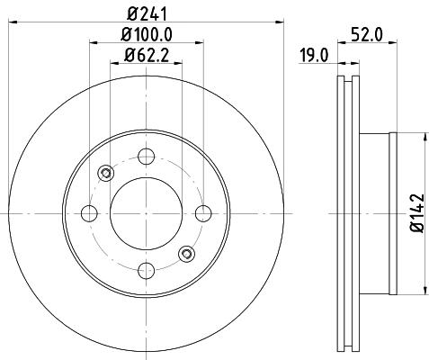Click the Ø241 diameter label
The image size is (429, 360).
147,13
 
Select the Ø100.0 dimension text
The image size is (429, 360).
147,35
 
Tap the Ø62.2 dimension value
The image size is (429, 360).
147,55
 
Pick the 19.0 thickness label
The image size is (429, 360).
315,56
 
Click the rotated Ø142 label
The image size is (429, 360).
417,213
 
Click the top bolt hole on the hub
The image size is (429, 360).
147,157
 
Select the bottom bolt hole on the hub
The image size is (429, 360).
147,270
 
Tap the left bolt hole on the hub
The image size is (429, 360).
89,213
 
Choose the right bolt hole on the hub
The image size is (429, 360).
203,213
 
